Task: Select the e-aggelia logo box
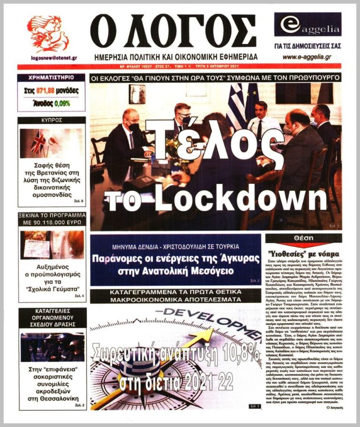click(x=307, y=26)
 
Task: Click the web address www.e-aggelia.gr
click(x=307, y=56)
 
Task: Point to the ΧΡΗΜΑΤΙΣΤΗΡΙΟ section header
click(x=52, y=78)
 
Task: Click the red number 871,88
click(x=47, y=91)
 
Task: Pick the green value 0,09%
click(x=62, y=102)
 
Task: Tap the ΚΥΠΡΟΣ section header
click(x=52, y=120)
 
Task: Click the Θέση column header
click(x=303, y=238)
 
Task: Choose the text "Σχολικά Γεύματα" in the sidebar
click(x=52, y=288)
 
